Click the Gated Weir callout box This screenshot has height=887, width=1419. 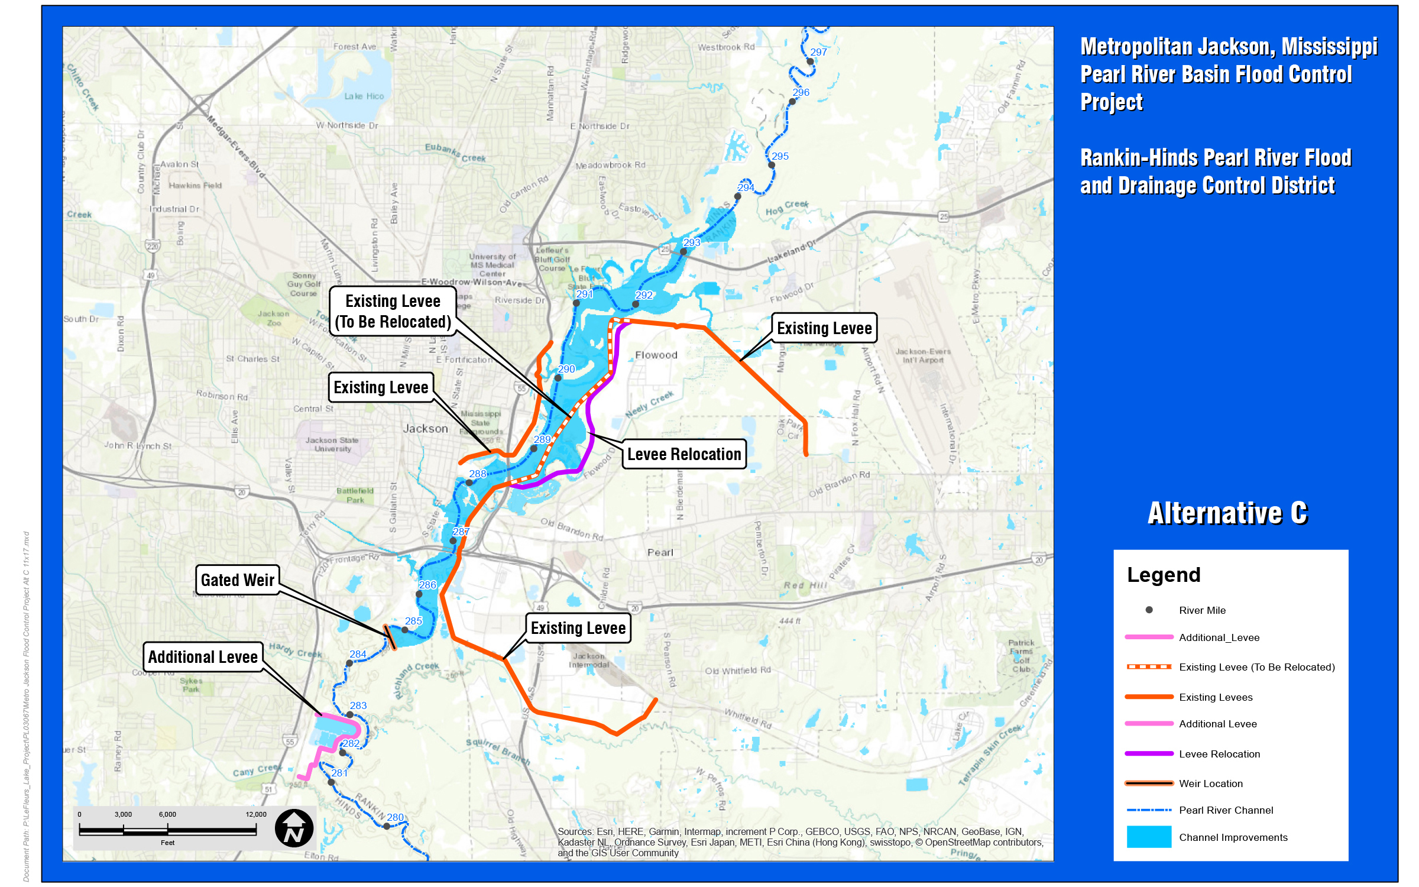237,580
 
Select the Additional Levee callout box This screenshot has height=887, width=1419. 203,657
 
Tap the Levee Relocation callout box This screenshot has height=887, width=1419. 684,454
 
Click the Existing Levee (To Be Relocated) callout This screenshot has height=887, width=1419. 393,311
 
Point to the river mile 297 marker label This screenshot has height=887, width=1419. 818,52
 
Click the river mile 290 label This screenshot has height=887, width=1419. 566,369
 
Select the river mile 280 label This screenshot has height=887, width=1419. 395,817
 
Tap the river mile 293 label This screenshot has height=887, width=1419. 691,242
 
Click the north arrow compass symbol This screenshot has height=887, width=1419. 294,828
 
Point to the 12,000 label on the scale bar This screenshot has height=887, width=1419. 256,814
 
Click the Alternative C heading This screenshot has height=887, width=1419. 1227,513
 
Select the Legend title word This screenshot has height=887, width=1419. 1163,575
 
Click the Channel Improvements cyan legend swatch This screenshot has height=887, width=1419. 1148,837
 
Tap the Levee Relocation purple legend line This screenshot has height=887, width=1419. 1148,753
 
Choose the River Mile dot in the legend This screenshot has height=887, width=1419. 1149,610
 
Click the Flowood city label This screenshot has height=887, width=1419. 656,355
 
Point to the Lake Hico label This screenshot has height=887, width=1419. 364,96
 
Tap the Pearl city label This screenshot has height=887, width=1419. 660,552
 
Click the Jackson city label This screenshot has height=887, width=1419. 425,429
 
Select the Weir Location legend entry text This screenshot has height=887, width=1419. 1210,784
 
